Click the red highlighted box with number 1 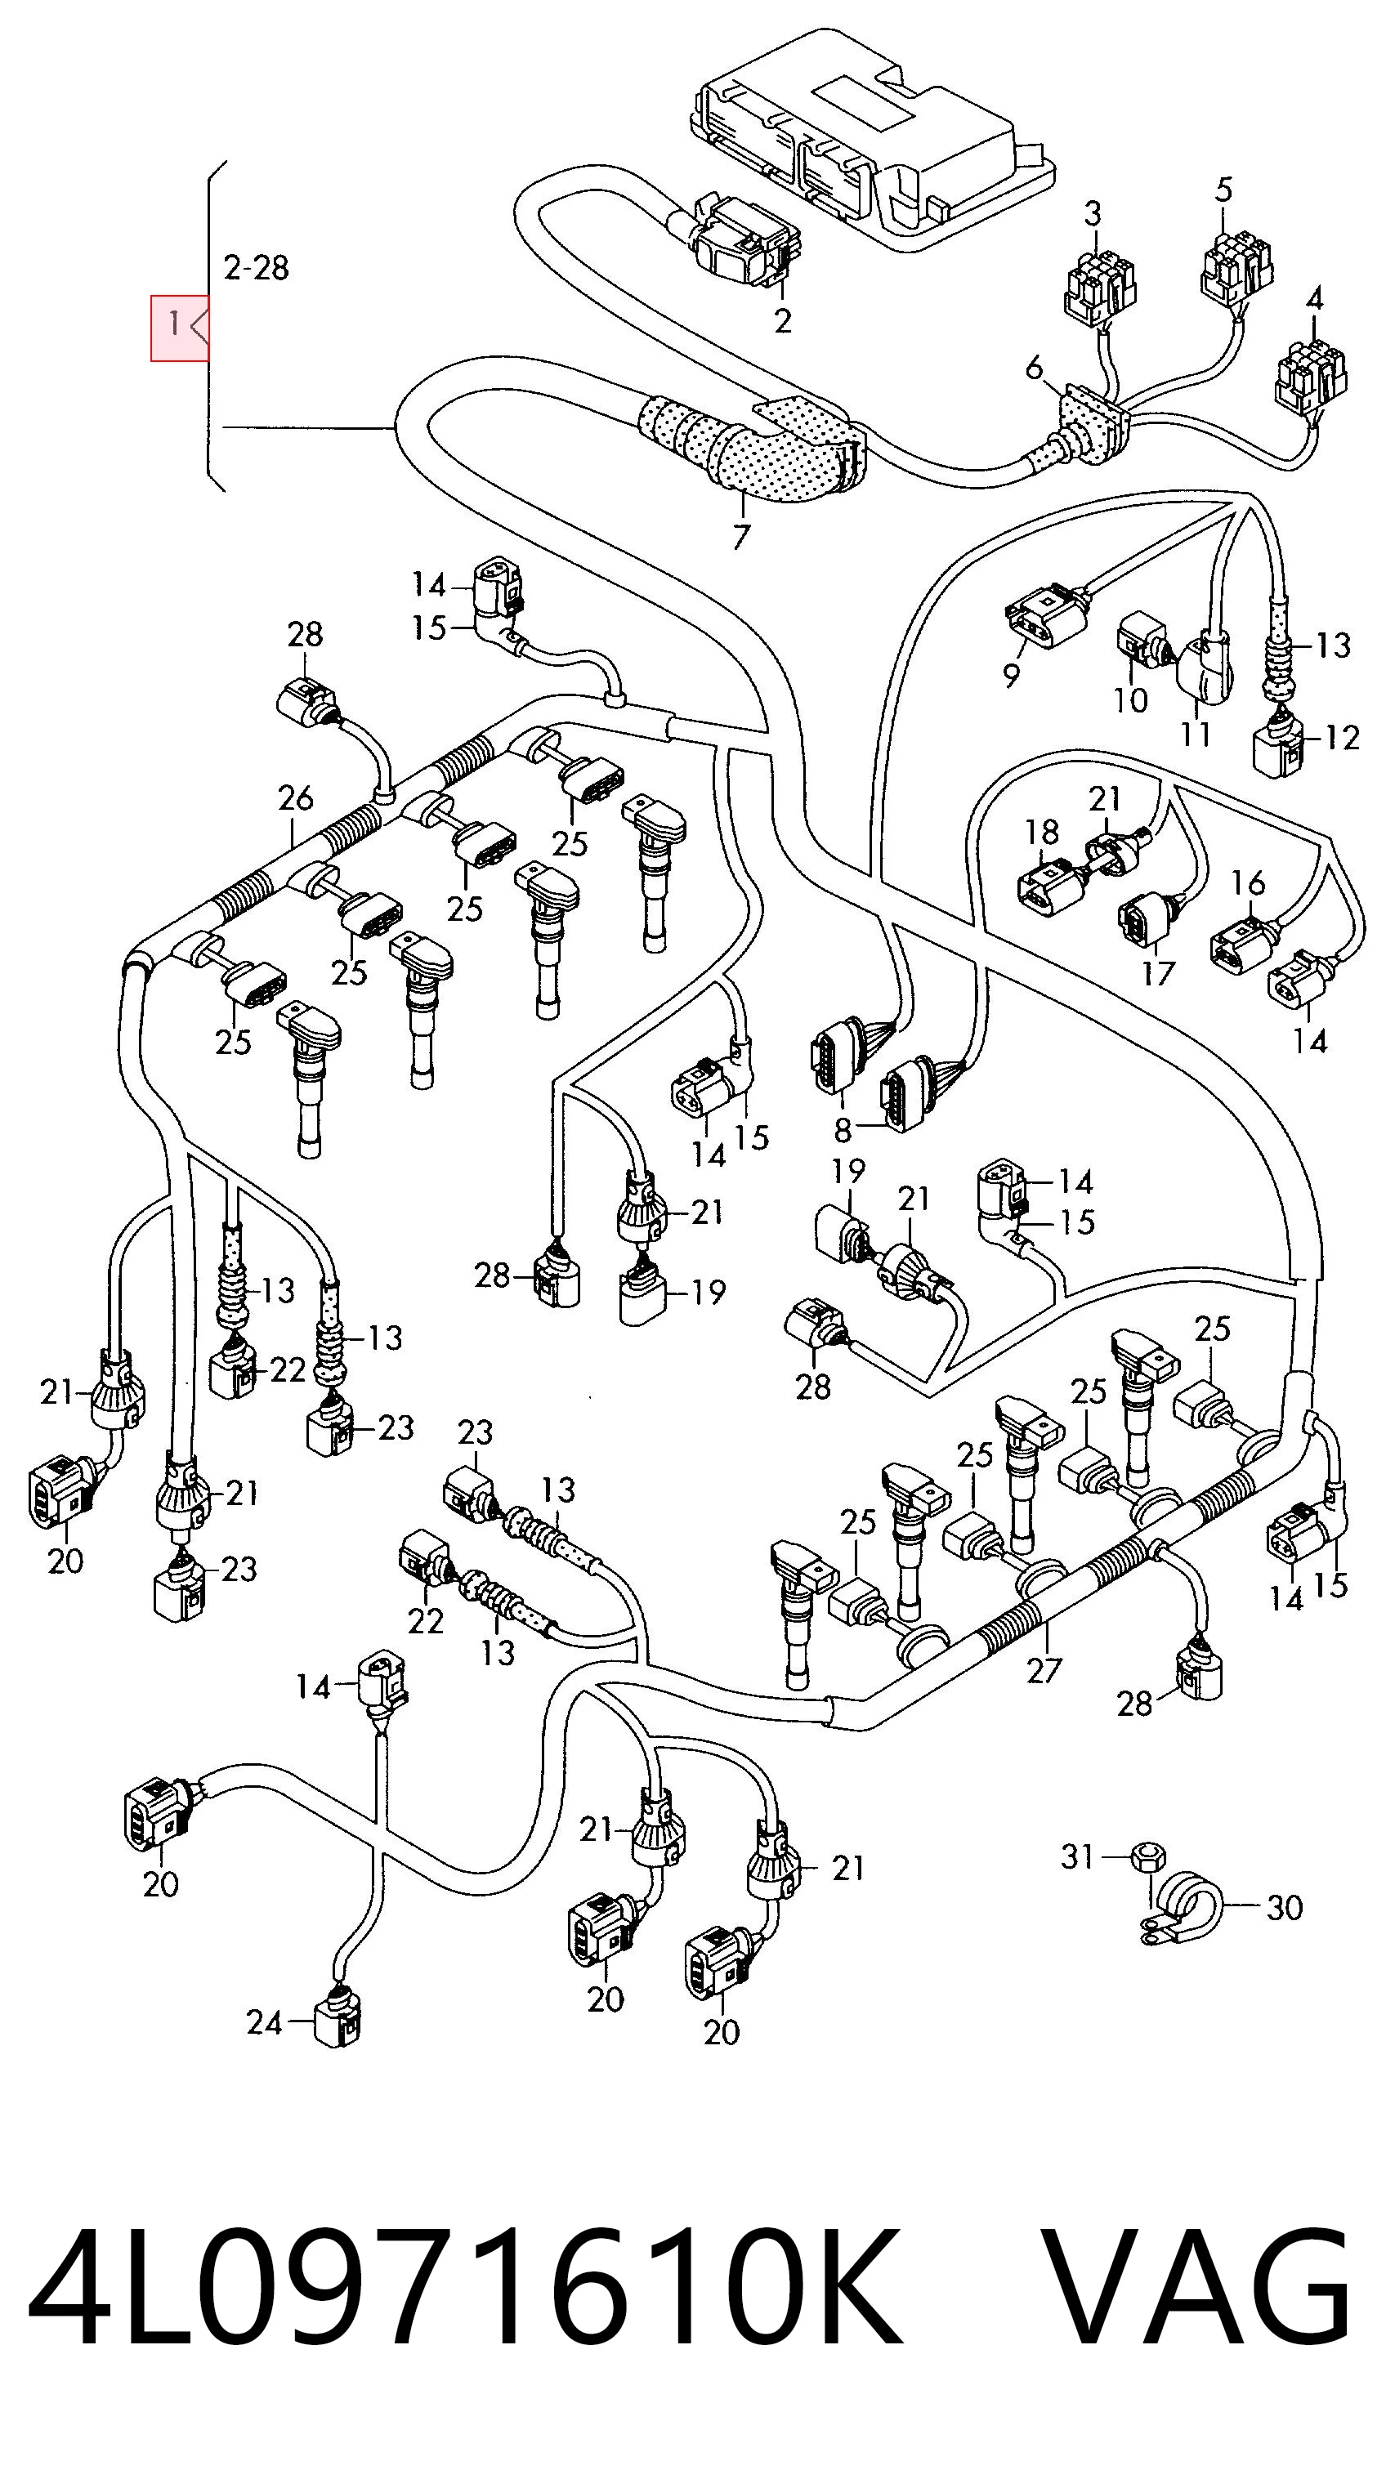pos(180,328)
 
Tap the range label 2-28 pos(256,267)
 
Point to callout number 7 pos(741,536)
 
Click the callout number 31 pos(1077,1856)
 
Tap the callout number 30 pos(1285,1908)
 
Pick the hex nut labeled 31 pos(1147,1856)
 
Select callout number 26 pos(296,797)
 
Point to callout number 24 pos(265,2021)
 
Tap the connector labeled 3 pos(1099,281)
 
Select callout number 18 pos(1042,832)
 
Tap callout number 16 pos(1249,882)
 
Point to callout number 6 pos(1035,368)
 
